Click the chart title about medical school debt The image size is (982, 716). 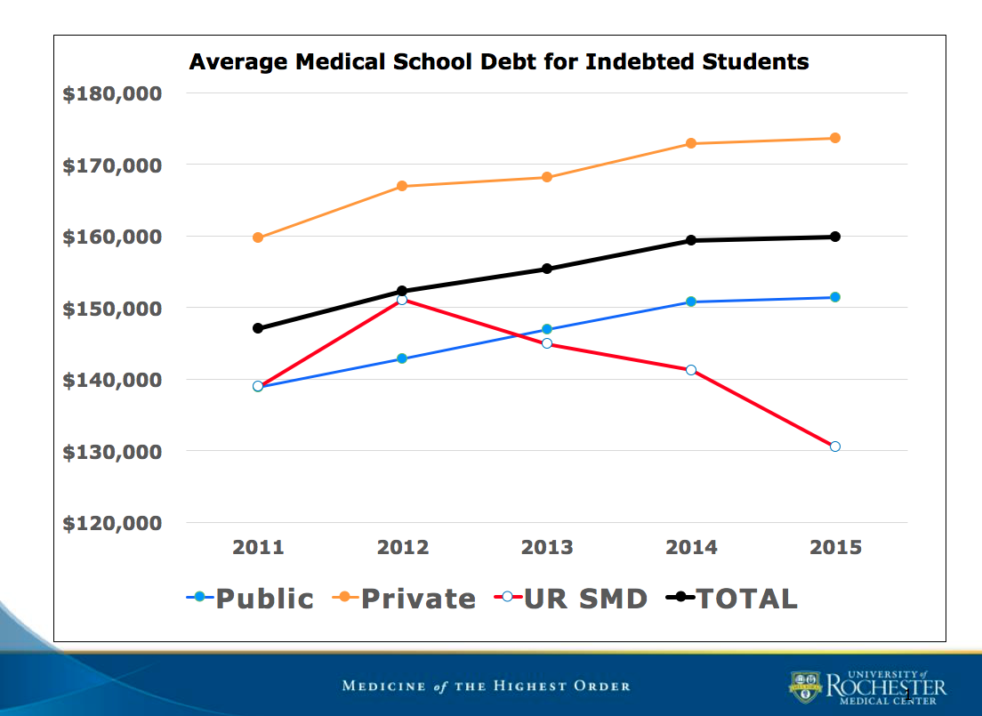pos(499,62)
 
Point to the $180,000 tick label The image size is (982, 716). pos(112,94)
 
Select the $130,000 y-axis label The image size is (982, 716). pos(112,452)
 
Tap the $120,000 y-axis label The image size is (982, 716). pos(112,523)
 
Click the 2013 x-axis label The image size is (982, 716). pos(547,547)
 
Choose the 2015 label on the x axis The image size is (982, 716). pos(835,547)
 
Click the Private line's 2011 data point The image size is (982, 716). pos(258,237)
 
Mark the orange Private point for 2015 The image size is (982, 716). pos(835,138)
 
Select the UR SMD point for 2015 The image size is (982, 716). pos(835,446)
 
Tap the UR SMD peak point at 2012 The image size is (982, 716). pos(402,300)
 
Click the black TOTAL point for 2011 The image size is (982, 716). pos(258,328)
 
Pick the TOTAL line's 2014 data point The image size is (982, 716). pos(691,240)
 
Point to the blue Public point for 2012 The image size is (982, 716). pos(402,358)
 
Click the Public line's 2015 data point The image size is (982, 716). pos(835,297)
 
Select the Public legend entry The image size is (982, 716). pos(251,599)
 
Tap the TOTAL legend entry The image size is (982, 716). pos(733,599)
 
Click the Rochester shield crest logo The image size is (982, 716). pos(805,687)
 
